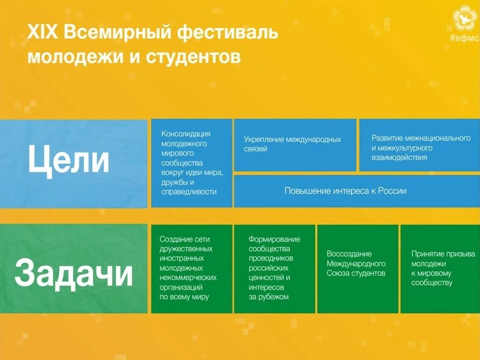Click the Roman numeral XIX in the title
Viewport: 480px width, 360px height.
click(x=43, y=34)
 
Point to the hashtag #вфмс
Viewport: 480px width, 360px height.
click(x=465, y=38)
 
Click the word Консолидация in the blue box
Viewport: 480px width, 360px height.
click(x=186, y=134)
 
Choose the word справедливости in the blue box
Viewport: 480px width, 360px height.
click(x=189, y=192)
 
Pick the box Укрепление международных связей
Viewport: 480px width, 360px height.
click(x=295, y=144)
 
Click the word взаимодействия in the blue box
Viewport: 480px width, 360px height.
click(x=399, y=157)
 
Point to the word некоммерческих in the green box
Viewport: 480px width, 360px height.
click(x=188, y=277)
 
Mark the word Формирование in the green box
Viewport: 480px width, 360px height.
click(x=274, y=239)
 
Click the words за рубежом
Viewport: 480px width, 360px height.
click(x=268, y=297)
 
